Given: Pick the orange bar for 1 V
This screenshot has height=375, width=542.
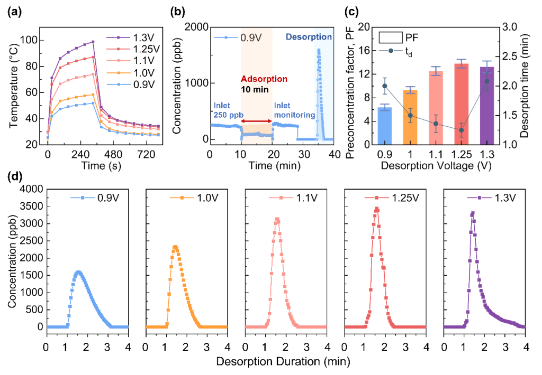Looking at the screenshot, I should click(410, 117).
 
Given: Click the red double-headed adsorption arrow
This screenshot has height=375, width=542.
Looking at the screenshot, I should click(257, 122).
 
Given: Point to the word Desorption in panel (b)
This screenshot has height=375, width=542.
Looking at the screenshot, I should click(309, 37).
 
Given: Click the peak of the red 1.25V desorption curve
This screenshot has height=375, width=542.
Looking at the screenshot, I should click(376, 209).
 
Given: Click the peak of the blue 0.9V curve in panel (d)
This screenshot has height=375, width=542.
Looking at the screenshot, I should click(78, 272).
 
